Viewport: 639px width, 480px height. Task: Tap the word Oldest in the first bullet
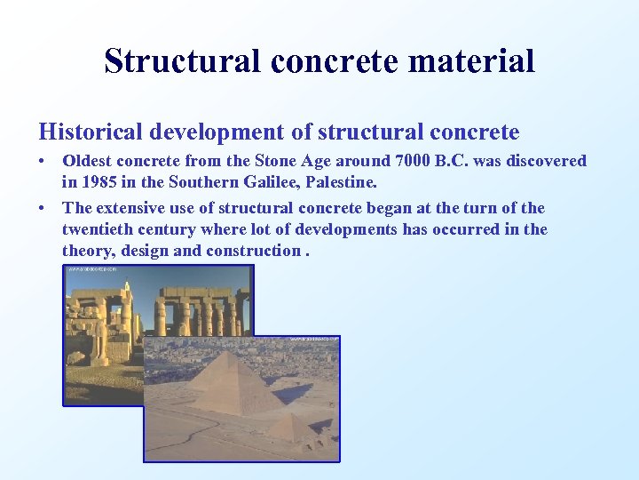[x=88, y=161]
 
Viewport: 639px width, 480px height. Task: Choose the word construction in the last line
[x=253, y=251]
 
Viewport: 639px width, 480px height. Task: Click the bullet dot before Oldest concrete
[x=43, y=162]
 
